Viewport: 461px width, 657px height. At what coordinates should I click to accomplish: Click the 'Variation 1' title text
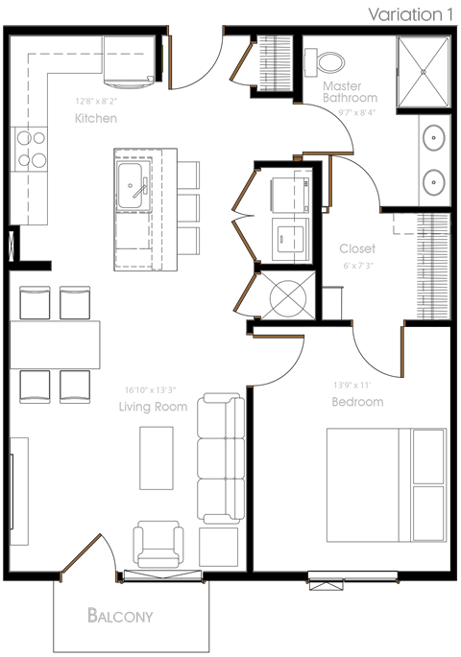coord(410,14)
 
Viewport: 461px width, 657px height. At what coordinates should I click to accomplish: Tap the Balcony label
coord(120,616)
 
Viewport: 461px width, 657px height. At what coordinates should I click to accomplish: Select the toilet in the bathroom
coord(325,63)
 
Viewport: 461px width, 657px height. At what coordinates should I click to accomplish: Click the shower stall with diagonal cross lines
coord(424,72)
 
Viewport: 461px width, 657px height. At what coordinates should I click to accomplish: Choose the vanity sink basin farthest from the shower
coord(434,181)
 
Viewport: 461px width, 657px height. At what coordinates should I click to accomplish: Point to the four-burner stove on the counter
coord(30,149)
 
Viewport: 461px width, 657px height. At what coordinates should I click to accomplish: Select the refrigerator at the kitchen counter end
coord(128,62)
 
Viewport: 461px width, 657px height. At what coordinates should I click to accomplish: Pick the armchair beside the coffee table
coord(158,544)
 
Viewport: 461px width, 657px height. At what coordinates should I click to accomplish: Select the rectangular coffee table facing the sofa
coord(157,458)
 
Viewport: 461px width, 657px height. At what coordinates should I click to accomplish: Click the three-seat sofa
coord(221,458)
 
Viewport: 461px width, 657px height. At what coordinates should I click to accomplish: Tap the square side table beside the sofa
coord(219,547)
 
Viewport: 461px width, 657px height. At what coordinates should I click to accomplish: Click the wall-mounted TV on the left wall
coord(18,490)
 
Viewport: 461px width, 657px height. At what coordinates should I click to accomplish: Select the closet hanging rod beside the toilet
coord(275,63)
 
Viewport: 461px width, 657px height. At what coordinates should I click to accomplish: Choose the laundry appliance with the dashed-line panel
coord(292,195)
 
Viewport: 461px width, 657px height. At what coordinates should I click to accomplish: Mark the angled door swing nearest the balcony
coord(81,556)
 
